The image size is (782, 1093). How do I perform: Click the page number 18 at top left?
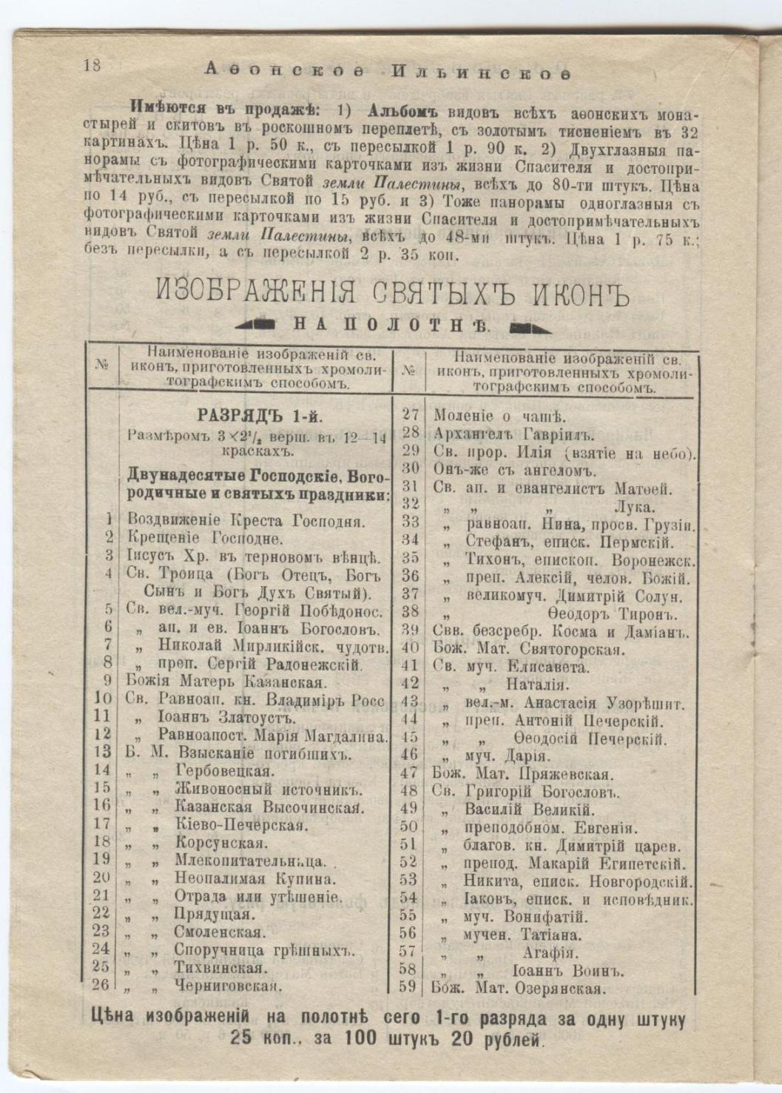[92, 64]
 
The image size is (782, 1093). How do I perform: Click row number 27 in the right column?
[411, 415]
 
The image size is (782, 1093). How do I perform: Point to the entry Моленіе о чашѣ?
[499, 417]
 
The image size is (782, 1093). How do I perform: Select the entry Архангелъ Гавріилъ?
[514, 434]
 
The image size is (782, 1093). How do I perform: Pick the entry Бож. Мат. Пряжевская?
[522, 775]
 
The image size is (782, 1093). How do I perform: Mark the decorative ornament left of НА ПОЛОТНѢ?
[256, 323]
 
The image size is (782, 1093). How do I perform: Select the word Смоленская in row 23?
[220, 932]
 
